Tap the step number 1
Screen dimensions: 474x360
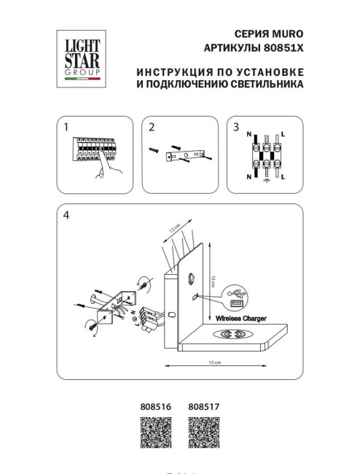66,128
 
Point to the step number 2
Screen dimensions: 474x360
152,128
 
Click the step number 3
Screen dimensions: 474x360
236,128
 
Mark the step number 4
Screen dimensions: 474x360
66,215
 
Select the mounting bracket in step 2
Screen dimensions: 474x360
188,155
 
